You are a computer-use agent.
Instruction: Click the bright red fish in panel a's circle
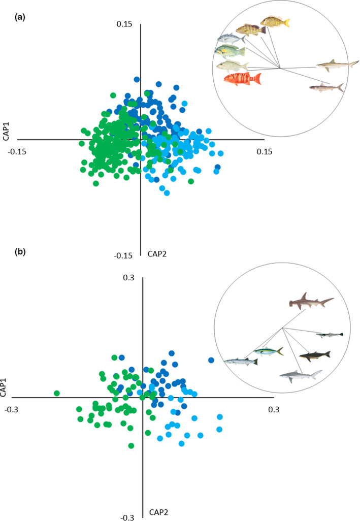[243, 79]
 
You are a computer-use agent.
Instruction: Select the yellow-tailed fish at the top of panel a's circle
[275, 22]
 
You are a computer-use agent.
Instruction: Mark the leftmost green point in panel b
[57, 393]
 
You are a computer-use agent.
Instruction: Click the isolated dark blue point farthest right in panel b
[211, 360]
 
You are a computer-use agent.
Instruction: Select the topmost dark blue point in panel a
[137, 79]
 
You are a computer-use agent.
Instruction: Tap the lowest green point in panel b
[131, 445]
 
